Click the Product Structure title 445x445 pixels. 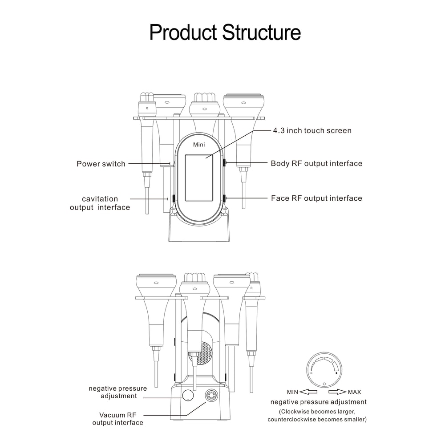tap(225, 32)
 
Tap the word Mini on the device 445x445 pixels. tap(199, 145)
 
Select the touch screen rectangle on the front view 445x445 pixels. tap(200, 182)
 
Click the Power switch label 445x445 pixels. tap(101, 164)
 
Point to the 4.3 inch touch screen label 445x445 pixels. tap(312, 130)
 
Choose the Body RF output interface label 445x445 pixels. tap(316, 163)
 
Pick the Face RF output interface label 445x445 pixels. tap(316, 198)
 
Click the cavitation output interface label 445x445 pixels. tap(100, 203)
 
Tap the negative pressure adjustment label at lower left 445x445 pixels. tap(117, 392)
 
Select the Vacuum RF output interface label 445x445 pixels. tap(118, 418)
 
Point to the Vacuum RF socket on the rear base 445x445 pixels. tap(210, 395)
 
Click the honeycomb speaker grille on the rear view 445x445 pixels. tap(202, 353)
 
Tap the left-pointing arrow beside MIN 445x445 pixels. tap(308, 392)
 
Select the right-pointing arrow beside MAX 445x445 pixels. tap(337, 392)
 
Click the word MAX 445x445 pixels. tap(355, 392)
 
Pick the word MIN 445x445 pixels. tap(292, 392)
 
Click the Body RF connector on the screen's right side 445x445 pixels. tap(225, 163)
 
